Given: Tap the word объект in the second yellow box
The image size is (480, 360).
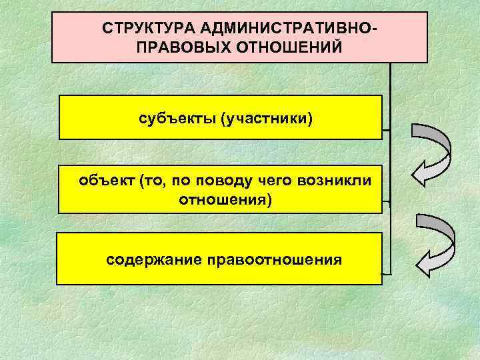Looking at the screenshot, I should click(x=107, y=181).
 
